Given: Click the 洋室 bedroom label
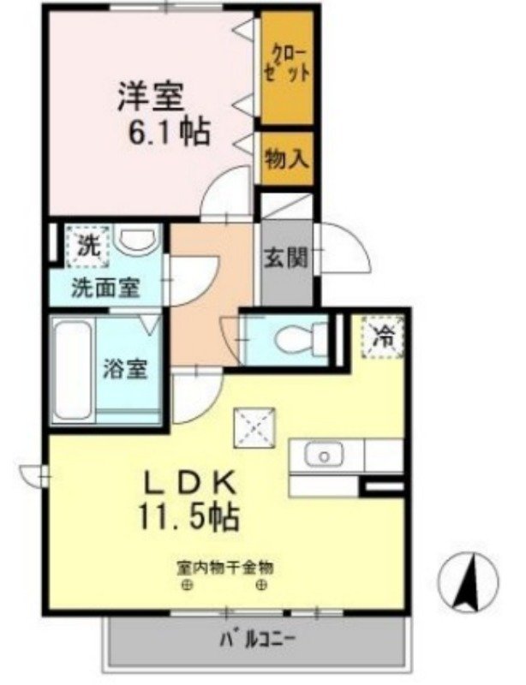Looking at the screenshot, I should [151, 97].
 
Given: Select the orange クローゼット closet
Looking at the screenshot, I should [287, 66].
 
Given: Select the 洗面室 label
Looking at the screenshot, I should [105, 288].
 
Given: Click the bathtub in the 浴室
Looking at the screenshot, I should [71, 367].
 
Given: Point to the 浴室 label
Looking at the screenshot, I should [127, 369].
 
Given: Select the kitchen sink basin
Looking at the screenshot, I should [325, 456].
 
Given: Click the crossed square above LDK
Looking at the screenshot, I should [254, 426].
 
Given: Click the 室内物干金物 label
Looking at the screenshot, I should [225, 567].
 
